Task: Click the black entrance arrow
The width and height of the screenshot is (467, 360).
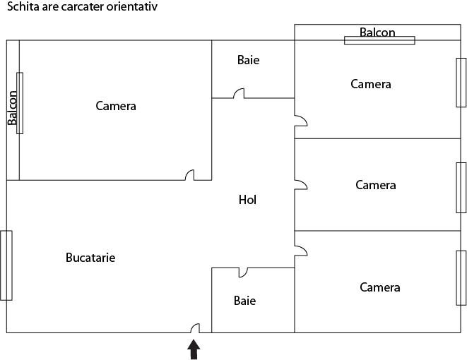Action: coord(194,349)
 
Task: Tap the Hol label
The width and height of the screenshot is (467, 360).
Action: coord(247,200)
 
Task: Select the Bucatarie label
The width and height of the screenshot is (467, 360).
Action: coord(90,258)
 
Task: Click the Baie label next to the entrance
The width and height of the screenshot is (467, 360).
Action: coord(244,301)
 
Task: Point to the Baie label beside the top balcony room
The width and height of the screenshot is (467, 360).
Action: coord(248,60)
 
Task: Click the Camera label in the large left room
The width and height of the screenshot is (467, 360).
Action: coord(116,106)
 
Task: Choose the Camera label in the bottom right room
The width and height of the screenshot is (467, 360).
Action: coord(379,287)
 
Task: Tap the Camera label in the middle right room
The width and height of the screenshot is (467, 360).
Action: coord(376,185)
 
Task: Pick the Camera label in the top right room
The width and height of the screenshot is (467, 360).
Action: coord(371,84)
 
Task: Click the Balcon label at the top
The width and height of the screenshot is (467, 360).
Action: coord(377,32)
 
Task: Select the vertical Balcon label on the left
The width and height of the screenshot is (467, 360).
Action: coord(12,108)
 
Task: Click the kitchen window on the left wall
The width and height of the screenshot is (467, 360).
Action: coord(6,265)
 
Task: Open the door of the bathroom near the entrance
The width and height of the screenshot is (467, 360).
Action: coord(243,273)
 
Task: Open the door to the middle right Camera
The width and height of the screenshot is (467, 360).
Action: coord(301,185)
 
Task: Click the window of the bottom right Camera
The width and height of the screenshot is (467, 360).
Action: coord(461,278)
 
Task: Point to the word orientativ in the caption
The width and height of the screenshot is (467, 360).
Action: coord(131,6)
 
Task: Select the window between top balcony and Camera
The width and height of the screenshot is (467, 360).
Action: coord(379,40)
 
